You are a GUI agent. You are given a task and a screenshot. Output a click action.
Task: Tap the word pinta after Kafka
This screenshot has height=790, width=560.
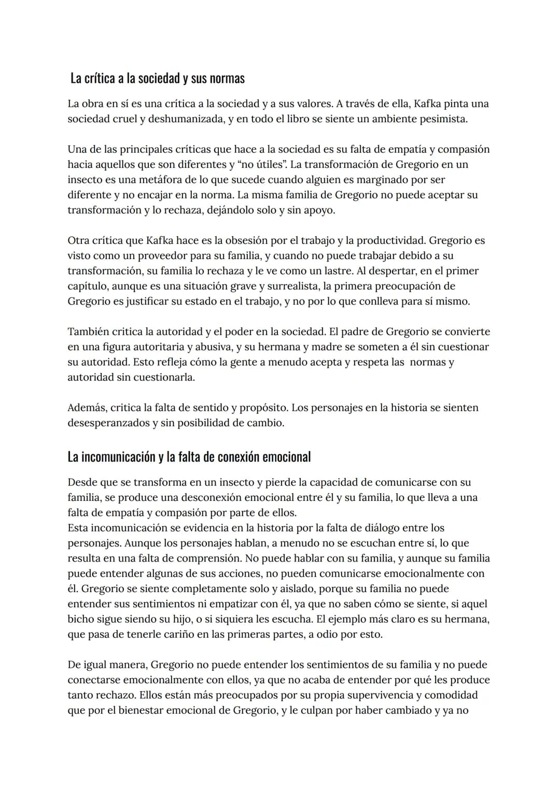click(x=457, y=104)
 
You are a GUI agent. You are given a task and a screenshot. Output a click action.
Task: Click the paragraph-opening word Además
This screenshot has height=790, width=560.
click(x=87, y=408)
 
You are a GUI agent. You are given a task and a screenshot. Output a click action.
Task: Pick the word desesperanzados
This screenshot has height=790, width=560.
click(x=108, y=423)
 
